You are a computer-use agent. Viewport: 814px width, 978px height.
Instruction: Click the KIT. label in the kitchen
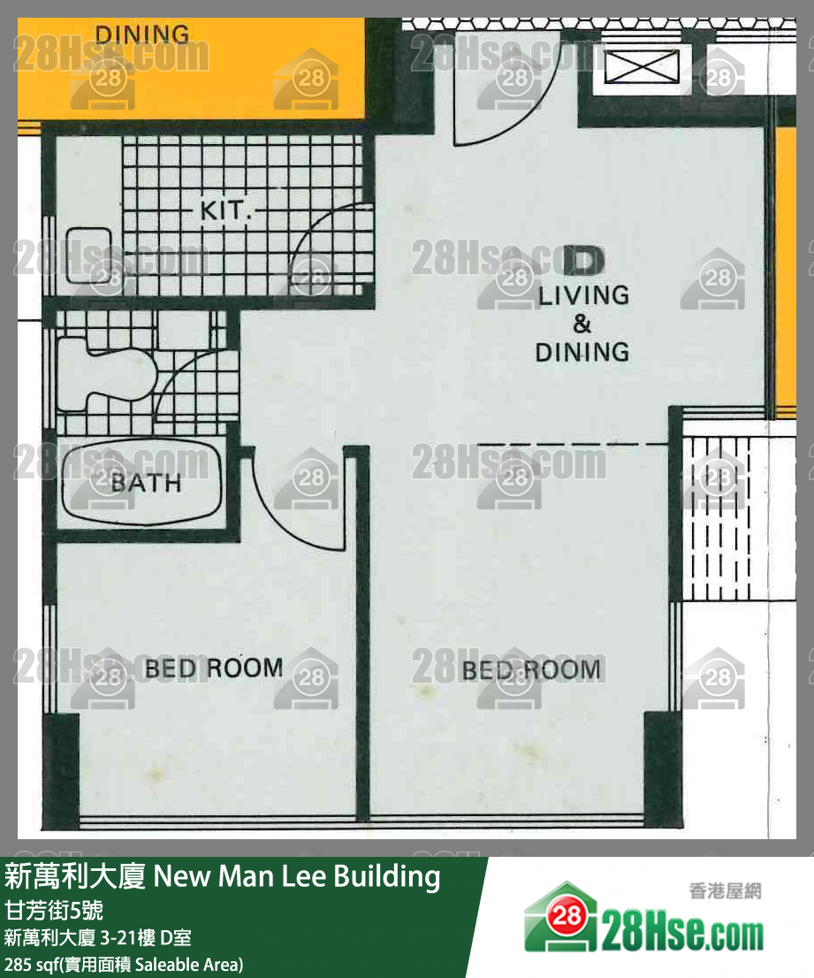[x=226, y=211]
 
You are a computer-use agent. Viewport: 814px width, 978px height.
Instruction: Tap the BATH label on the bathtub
[x=146, y=483]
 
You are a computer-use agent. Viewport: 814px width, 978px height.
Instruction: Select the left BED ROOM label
[x=214, y=668]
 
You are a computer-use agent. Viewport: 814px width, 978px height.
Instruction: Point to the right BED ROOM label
[x=531, y=669]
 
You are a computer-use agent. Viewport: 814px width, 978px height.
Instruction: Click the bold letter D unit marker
[x=583, y=260]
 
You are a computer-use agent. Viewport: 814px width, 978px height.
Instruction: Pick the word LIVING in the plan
[x=583, y=294]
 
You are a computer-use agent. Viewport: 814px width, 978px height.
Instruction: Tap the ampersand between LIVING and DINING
[x=582, y=323]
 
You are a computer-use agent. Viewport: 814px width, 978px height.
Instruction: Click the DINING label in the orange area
[x=141, y=34]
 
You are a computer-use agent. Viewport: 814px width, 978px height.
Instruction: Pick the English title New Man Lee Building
[x=297, y=876]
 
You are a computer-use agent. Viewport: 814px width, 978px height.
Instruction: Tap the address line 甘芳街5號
[x=54, y=910]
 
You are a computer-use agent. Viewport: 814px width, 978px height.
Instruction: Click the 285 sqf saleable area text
[x=124, y=963]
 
